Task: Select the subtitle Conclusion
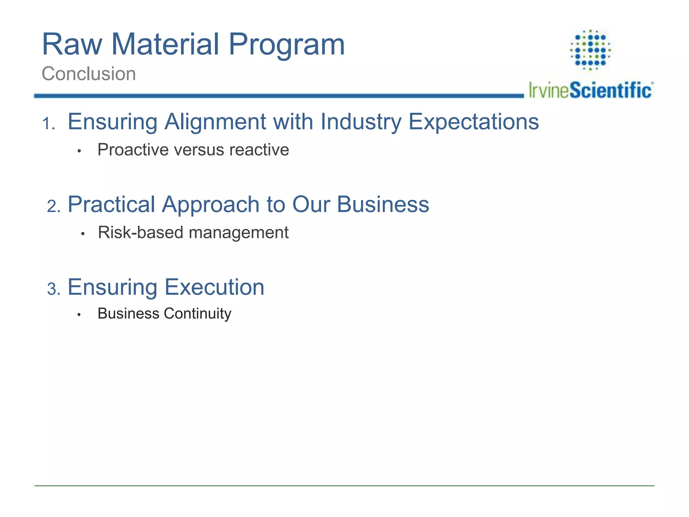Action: (89, 74)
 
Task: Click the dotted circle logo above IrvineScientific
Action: (590, 50)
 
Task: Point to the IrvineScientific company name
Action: (590, 90)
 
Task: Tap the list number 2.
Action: (53, 206)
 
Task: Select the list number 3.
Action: (53, 289)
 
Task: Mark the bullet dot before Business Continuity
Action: (79, 315)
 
